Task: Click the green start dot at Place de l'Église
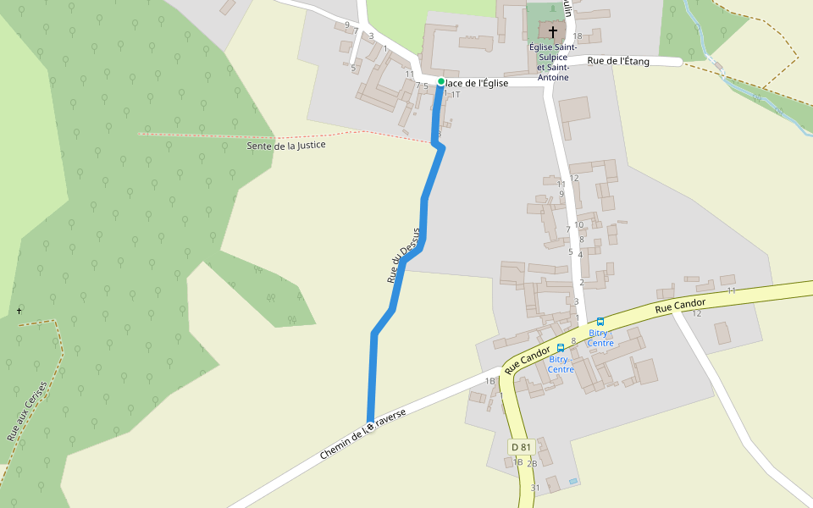[x=441, y=81]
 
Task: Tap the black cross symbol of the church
[x=553, y=32]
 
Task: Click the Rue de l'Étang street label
[x=618, y=61]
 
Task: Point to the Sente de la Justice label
[x=286, y=146]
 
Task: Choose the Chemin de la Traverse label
[x=362, y=433]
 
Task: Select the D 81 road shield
[x=520, y=446]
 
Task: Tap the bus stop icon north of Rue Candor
[x=600, y=322]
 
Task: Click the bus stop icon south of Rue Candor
[x=561, y=348]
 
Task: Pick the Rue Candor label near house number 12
[x=680, y=305]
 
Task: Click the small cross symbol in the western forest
[x=19, y=311]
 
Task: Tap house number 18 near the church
[x=578, y=36]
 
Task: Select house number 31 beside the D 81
[x=535, y=488]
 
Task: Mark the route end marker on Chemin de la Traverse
[x=370, y=426]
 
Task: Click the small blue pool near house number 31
[x=573, y=481]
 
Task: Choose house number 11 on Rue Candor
[x=731, y=290]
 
